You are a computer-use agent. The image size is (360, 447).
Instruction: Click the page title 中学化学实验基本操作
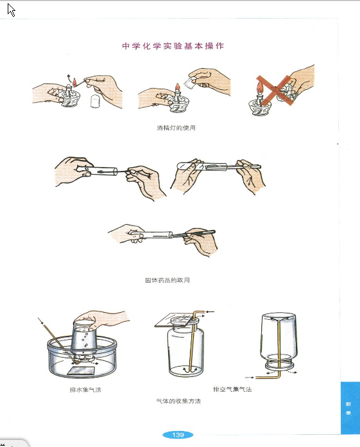pyautogui.click(x=173, y=46)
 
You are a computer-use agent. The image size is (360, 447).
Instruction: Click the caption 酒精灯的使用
pyautogui.click(x=176, y=128)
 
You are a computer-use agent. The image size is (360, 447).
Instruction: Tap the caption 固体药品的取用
pyautogui.click(x=167, y=280)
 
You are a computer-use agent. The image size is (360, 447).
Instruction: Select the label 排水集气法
pyautogui.click(x=85, y=389)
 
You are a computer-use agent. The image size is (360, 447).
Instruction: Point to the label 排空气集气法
pyautogui.click(x=232, y=389)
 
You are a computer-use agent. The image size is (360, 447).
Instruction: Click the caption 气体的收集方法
pyautogui.click(x=178, y=401)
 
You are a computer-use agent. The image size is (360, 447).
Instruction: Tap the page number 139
pyautogui.click(x=178, y=435)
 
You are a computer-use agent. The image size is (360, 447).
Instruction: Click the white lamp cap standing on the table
pyautogui.click(x=95, y=101)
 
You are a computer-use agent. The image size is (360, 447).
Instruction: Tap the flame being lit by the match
pyautogui.click(x=75, y=83)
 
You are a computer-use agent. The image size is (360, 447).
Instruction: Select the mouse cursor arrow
pyautogui.click(x=11, y=10)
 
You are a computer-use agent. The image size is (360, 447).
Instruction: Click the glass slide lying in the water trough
pyautogui.click(x=81, y=371)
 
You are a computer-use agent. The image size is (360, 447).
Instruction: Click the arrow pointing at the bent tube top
pyautogui.click(x=210, y=312)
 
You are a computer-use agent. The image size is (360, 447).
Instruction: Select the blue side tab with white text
pyautogui.click(x=350, y=408)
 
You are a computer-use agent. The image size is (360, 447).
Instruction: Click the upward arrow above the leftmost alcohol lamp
pyautogui.click(x=69, y=78)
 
